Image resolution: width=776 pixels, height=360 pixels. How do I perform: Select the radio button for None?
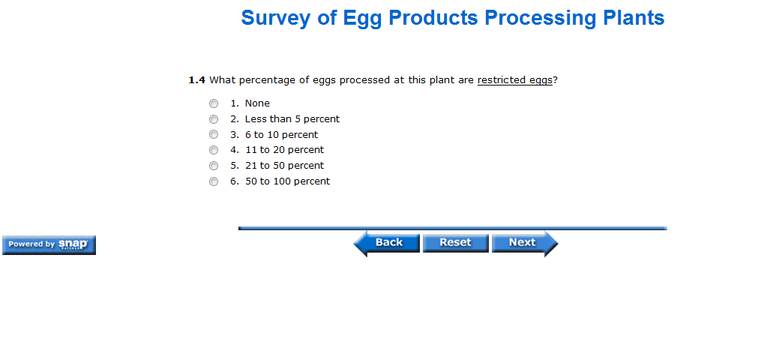tap(213, 103)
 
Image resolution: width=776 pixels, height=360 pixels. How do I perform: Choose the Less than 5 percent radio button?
tap(213, 119)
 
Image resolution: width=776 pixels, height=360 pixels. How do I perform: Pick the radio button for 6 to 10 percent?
tap(213, 135)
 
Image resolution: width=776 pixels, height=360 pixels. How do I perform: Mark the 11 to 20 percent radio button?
tap(213, 150)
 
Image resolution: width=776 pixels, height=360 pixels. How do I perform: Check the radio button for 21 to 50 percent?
tap(213, 166)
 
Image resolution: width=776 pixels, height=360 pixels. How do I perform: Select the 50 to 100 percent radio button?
tap(213, 181)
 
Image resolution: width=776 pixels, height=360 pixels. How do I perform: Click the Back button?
tap(387, 243)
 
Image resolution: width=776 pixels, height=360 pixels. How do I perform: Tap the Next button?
tap(525, 243)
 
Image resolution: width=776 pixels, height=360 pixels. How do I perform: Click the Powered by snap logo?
tap(49, 245)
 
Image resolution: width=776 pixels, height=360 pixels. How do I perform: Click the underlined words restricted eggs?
tap(514, 80)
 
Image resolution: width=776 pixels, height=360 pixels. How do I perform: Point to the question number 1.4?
tap(196, 80)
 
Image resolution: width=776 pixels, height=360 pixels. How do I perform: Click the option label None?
tap(257, 103)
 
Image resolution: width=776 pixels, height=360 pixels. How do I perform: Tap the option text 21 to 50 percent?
tap(285, 166)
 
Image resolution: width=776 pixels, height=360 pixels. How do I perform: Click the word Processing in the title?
tap(538, 18)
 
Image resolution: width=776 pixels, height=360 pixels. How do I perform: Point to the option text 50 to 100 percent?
tap(288, 181)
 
